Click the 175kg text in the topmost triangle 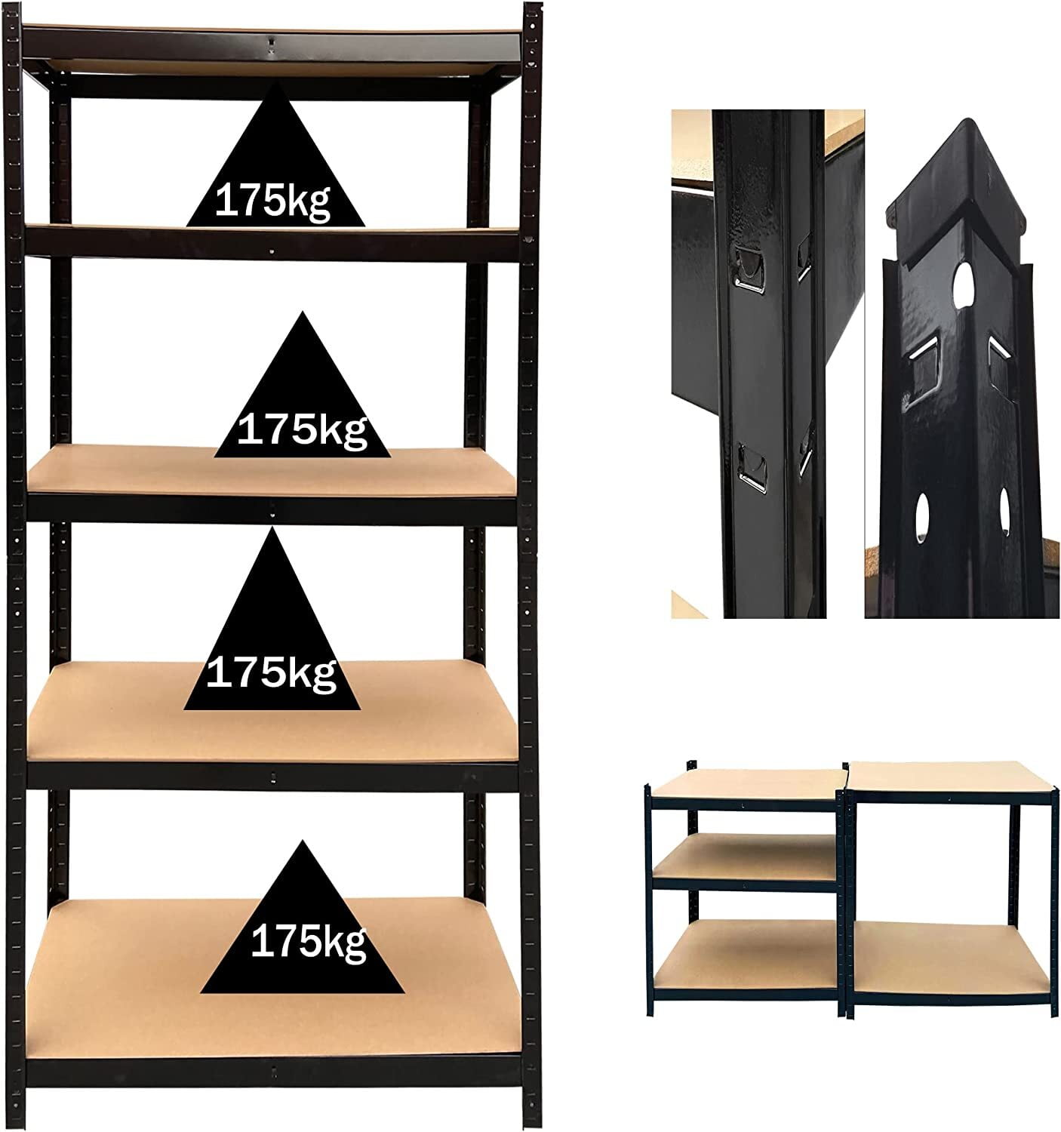(273, 201)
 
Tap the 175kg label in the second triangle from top (302, 430)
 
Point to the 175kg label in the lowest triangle (308, 943)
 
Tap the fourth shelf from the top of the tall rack (113, 717)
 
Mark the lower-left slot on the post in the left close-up (751, 463)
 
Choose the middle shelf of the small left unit (743, 857)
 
